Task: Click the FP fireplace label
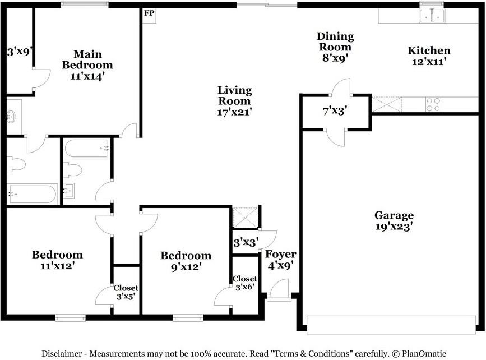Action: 149,13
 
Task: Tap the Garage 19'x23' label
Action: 394,221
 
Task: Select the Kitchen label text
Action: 429,50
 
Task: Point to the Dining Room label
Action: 335,41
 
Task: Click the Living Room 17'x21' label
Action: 234,101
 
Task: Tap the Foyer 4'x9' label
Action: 280,260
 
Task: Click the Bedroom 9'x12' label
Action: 186,261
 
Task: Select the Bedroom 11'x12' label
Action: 57,260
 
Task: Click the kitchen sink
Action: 432,16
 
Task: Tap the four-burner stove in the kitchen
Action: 433,104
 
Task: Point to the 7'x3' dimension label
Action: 335,110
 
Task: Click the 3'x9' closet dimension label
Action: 20,51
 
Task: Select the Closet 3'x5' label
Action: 126,292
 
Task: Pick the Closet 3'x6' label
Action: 245,283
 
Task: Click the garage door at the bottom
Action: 391,325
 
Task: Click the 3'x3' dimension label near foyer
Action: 246,242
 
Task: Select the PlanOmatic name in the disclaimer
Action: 424,353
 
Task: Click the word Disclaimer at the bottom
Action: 62,353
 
